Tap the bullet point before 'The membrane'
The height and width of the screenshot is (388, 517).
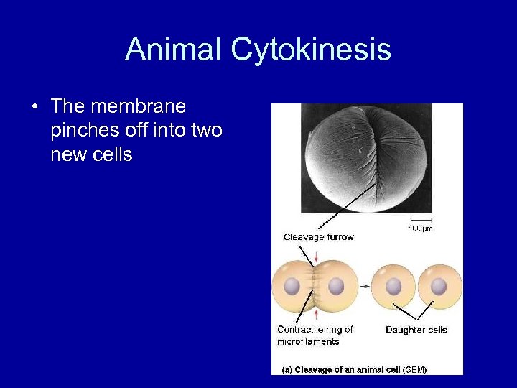click(34, 108)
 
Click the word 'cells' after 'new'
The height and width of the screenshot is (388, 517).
click(112, 154)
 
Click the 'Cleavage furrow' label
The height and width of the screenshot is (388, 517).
click(318, 237)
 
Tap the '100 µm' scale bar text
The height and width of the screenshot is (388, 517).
click(421, 228)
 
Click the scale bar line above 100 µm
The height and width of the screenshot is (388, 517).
click(421, 219)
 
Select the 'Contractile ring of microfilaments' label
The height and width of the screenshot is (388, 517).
click(315, 336)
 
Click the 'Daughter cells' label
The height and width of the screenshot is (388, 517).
click(416, 330)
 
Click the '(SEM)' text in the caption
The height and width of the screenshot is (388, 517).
click(416, 369)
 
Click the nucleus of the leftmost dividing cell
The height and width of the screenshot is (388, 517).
click(292, 285)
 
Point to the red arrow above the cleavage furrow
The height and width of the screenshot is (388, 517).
click(313, 254)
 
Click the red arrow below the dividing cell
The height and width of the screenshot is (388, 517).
click(313, 313)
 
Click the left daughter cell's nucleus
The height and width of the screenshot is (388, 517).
click(393, 285)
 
